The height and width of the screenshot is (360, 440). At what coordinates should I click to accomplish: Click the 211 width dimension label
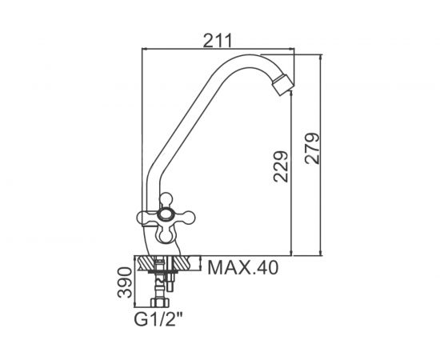tap(218, 41)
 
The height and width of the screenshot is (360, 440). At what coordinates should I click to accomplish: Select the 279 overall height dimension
tap(312, 148)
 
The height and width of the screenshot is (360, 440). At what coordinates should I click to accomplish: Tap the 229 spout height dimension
tap(281, 167)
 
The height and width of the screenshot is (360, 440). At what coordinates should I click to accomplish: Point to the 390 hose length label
tap(125, 282)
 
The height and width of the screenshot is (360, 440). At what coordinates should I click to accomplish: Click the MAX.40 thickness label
tap(243, 267)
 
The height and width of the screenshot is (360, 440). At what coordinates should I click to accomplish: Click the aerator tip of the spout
tap(283, 84)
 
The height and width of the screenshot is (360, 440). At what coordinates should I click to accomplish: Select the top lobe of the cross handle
tap(166, 199)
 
